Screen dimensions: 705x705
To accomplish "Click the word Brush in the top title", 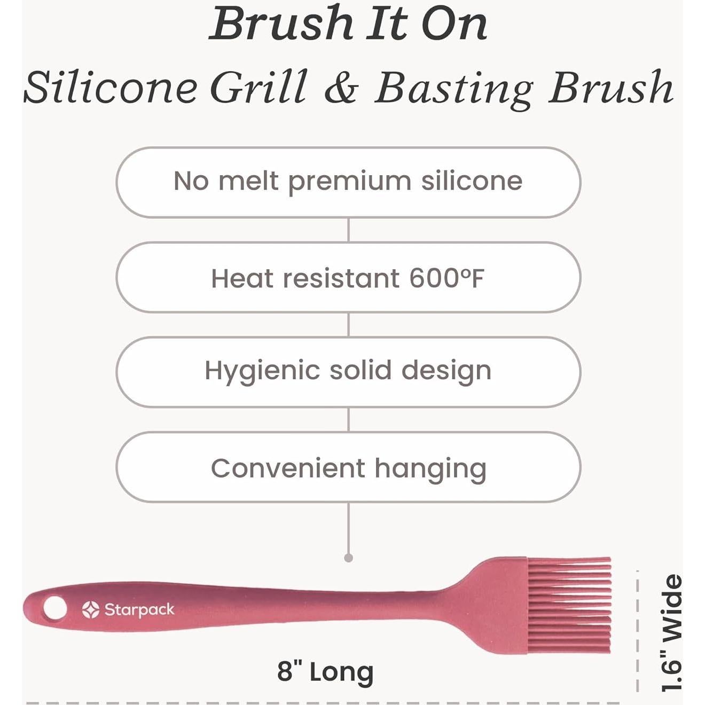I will point(281,25).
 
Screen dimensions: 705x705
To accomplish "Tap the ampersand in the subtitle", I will point(341,88).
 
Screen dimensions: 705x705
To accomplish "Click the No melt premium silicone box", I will point(348,182).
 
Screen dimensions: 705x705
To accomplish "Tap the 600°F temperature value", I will point(446,278).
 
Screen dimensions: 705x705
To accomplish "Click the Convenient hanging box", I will point(348,467).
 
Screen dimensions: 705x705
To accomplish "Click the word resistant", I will point(341,278).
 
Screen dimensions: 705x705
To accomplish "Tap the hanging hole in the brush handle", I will point(54,608).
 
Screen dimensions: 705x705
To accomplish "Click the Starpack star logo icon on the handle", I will point(91,609).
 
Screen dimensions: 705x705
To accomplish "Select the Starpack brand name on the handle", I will point(139,609).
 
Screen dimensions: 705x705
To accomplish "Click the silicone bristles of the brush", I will point(569,605).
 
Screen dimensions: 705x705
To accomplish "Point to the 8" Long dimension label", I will point(325,671).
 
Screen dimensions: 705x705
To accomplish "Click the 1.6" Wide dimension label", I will point(672,633).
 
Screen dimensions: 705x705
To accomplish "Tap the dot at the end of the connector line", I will point(349,558).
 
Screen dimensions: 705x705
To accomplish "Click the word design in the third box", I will point(446,370).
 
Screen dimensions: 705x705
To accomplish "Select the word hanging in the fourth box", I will point(430,469).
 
